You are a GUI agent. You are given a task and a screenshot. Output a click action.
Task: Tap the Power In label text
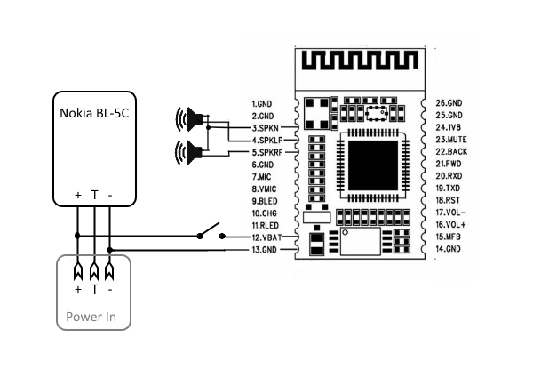coord(91,317)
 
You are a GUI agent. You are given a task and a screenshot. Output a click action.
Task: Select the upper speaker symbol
coord(190,119)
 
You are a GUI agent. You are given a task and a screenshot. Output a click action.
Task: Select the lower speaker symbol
coord(190,150)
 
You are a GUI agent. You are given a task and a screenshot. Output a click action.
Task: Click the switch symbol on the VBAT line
coord(211,233)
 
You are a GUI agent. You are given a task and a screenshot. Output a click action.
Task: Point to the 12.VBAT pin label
coord(267,238)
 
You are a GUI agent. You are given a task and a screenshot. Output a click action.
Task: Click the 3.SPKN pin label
coord(267,128)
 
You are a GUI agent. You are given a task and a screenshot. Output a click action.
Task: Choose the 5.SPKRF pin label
coord(268,153)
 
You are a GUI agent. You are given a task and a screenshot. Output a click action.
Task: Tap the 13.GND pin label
coord(266,251)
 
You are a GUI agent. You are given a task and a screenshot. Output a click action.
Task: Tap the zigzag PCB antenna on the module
coord(360,64)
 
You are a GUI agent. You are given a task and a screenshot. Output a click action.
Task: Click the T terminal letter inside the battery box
coord(94,194)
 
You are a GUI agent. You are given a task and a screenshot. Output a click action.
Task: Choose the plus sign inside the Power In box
coord(77,290)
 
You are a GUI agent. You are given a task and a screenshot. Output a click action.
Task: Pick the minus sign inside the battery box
coord(109,194)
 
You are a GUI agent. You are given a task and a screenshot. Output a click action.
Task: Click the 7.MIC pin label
coord(265,177)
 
